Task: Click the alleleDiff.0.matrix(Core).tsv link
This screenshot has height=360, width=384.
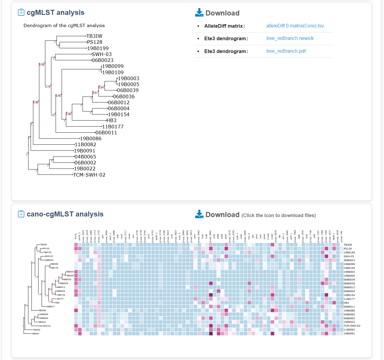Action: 295,26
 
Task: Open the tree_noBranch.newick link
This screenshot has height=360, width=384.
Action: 290,38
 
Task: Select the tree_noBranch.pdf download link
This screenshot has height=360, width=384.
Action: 286,51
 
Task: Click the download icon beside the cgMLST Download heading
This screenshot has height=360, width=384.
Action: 199,13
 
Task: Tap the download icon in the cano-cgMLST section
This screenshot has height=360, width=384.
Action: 199,214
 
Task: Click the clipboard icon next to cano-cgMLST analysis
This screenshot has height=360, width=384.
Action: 21,214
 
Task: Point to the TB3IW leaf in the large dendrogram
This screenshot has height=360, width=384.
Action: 94,36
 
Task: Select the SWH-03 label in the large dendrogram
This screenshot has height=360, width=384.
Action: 102,54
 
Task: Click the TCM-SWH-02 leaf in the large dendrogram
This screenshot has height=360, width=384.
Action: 89,175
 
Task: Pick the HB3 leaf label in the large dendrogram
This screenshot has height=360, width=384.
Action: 112,120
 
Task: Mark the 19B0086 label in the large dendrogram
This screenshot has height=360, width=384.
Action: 91,138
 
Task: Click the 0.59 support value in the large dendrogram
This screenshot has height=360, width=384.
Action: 42,65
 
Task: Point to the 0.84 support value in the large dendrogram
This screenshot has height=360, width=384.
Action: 101,88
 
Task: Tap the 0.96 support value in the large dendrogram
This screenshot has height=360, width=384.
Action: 36,102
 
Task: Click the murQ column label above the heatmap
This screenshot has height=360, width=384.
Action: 76,236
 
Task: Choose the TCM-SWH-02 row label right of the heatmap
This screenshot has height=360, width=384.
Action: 352,326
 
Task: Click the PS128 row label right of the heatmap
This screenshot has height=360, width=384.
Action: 348,249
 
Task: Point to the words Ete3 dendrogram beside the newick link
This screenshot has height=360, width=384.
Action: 226,39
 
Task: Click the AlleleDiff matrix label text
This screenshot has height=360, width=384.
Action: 225,26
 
